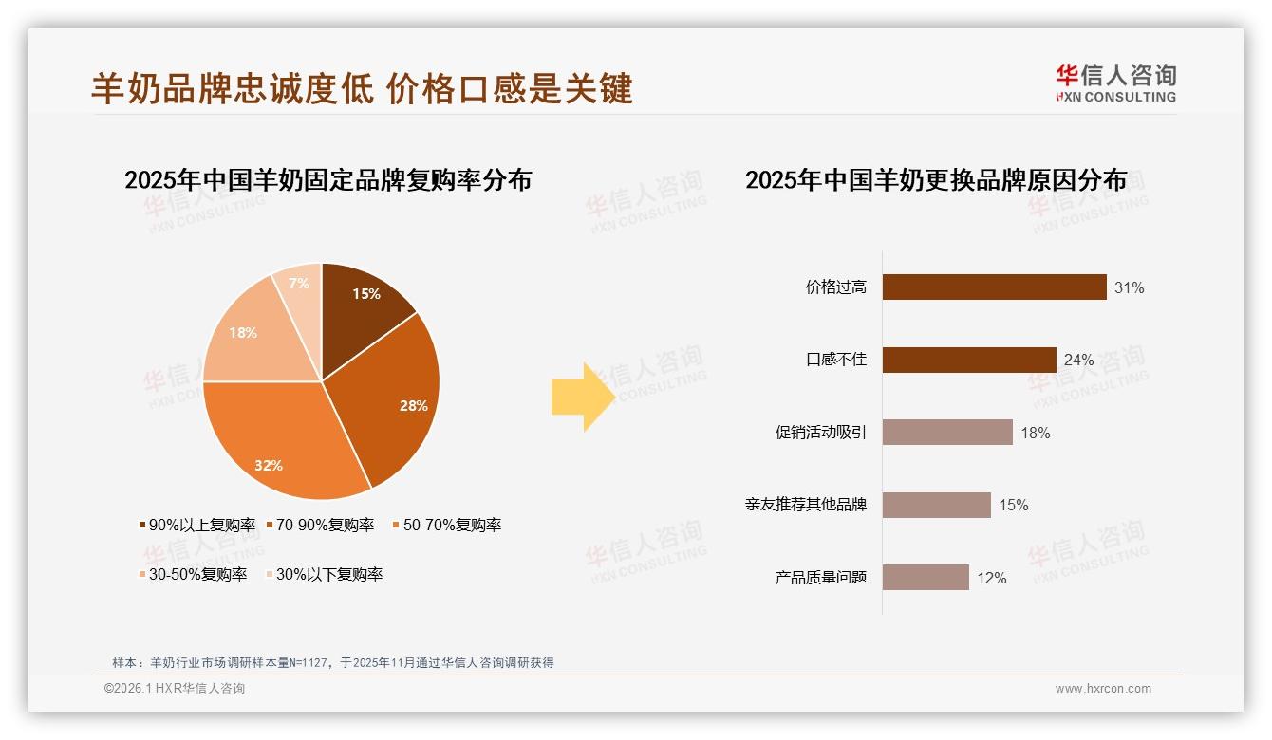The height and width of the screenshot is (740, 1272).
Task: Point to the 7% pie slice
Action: (x=299, y=285)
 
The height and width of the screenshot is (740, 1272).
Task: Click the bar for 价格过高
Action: (x=994, y=287)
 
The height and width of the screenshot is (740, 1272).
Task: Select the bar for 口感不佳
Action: (x=969, y=360)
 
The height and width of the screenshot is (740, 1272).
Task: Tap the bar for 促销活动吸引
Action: (x=947, y=433)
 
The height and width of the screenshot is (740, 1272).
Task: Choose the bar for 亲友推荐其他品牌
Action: (x=936, y=505)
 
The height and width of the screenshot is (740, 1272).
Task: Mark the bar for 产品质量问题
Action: (x=926, y=578)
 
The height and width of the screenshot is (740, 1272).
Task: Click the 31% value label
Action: (x=1129, y=287)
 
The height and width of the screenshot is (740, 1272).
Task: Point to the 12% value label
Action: (x=991, y=578)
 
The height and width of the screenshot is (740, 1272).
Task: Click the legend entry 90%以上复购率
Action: (x=197, y=525)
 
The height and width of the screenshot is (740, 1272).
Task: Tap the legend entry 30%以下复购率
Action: (x=323, y=574)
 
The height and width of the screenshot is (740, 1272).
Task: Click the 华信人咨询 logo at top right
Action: (x=1115, y=83)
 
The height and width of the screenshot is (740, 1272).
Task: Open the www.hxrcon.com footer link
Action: (x=1103, y=689)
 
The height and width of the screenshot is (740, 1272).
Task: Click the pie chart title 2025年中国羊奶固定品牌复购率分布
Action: (x=327, y=179)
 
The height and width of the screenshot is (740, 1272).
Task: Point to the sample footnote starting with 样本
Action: (x=332, y=662)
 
